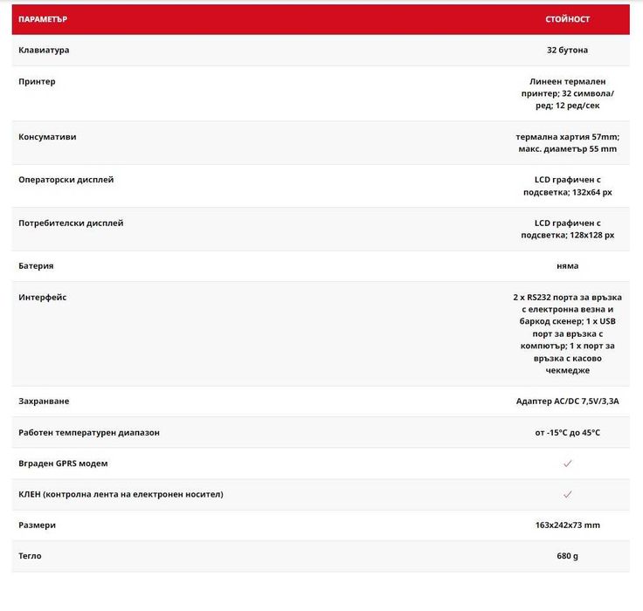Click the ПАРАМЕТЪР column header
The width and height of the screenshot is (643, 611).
43,19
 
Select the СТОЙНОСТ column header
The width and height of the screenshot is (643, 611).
567,19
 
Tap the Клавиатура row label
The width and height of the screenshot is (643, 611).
44,50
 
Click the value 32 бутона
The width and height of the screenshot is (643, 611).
567,50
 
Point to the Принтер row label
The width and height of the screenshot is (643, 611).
37,81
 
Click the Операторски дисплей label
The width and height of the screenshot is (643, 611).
66,180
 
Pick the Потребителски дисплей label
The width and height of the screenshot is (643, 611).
71,223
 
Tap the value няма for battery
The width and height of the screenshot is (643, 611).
567,265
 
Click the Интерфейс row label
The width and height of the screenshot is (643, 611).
42,297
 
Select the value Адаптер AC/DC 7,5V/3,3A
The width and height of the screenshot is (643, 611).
567,401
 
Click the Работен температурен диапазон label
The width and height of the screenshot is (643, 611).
89,432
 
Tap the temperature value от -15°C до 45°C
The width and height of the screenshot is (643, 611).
567,432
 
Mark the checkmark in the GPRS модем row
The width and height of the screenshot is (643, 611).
567,463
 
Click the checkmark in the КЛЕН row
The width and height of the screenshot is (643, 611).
567,494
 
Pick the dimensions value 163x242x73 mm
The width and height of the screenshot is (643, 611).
567,525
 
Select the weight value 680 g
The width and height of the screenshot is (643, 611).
567,556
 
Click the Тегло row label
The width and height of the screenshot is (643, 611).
30,556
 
